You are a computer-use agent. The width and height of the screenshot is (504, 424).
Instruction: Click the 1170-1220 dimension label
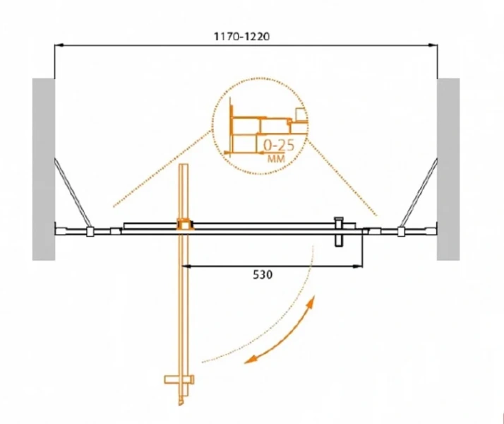(241, 37)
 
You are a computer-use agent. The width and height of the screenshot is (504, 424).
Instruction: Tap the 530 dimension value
(263, 275)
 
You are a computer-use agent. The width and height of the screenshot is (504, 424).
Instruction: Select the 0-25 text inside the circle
(279, 146)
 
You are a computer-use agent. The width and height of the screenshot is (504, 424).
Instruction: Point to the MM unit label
(276, 158)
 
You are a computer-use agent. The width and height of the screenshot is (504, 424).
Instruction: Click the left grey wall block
(44, 169)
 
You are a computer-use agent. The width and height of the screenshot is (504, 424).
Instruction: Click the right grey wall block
(448, 169)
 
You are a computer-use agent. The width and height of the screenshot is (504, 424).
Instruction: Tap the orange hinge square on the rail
(185, 224)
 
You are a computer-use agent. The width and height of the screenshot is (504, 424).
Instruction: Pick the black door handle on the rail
(339, 232)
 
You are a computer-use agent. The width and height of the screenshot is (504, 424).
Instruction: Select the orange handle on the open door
(179, 379)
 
